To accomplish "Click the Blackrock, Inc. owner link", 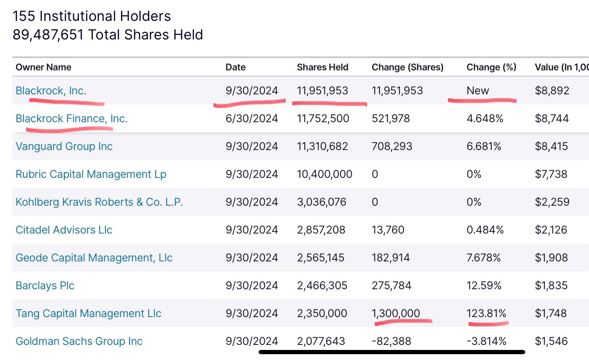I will (x=51, y=90).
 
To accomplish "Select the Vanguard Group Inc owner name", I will (x=64, y=146).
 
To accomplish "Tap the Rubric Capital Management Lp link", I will (x=91, y=174).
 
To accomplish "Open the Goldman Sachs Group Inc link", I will (x=79, y=341).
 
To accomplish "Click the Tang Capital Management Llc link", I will (x=88, y=313).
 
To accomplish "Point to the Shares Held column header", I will (x=322, y=67).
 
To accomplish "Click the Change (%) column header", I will (x=491, y=67).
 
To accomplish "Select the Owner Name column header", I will (x=43, y=67).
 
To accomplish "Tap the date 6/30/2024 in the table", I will (x=252, y=118).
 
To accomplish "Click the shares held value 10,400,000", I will (x=324, y=174).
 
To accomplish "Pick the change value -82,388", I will (x=391, y=341).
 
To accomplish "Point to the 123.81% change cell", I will (x=486, y=313).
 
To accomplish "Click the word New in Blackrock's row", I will (x=478, y=90).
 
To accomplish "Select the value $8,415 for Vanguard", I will (x=551, y=146).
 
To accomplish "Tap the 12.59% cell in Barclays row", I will (x=484, y=285).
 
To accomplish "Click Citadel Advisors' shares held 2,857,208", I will (x=321, y=230).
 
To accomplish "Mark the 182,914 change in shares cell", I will (x=390, y=258).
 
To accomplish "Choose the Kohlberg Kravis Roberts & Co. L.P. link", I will (x=99, y=202).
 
